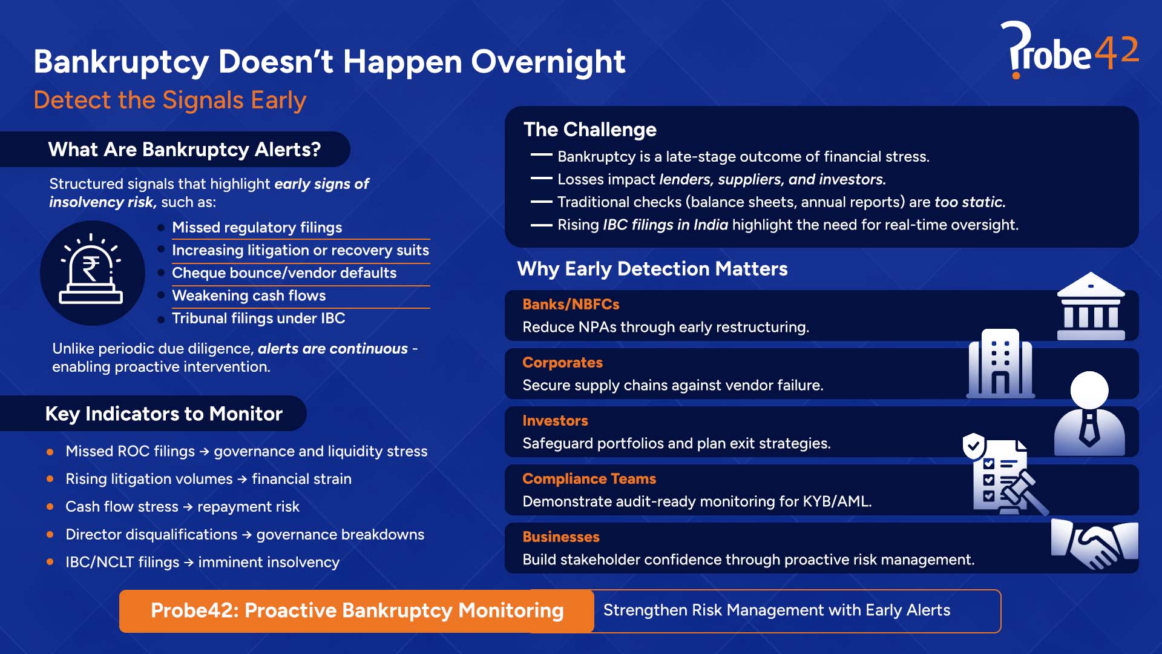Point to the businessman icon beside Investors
pyautogui.click(x=1089, y=415)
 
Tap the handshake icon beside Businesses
pyautogui.click(x=1094, y=543)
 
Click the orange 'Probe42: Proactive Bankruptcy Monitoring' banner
pyautogui.click(x=356, y=610)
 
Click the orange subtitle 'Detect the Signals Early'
pyautogui.click(x=169, y=101)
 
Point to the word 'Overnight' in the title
pyautogui.click(x=548, y=62)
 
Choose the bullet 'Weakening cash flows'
pyautogui.click(x=249, y=296)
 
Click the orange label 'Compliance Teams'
pyautogui.click(x=589, y=479)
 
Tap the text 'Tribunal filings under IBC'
pyautogui.click(x=258, y=319)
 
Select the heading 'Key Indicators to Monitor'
pyautogui.click(x=163, y=414)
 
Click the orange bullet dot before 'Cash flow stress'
pyautogui.click(x=50, y=507)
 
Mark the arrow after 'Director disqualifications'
pyautogui.click(x=247, y=535)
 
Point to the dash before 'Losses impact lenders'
pyautogui.click(x=541, y=179)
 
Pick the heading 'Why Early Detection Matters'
pyautogui.click(x=652, y=269)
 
